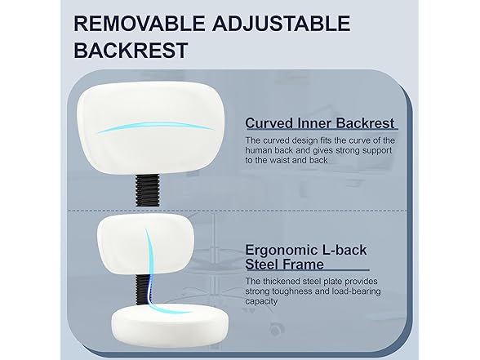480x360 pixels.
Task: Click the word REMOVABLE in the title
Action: click(x=140, y=23)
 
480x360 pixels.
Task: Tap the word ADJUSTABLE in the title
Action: click(x=282, y=23)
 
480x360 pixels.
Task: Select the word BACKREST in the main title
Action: click(x=131, y=51)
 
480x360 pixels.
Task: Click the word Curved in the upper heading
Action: click(x=269, y=123)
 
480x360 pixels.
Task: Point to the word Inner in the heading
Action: click(x=314, y=123)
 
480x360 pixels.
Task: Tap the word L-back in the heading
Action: click(x=345, y=250)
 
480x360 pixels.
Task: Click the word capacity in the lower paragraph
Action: click(x=261, y=301)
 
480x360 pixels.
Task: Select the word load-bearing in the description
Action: click(x=356, y=291)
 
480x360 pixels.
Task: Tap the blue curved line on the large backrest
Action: click(x=156, y=127)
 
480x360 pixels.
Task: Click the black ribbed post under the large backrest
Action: click(x=147, y=189)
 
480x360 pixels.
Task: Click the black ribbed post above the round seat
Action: click(x=142, y=289)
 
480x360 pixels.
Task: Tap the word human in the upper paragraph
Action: click(x=257, y=150)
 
